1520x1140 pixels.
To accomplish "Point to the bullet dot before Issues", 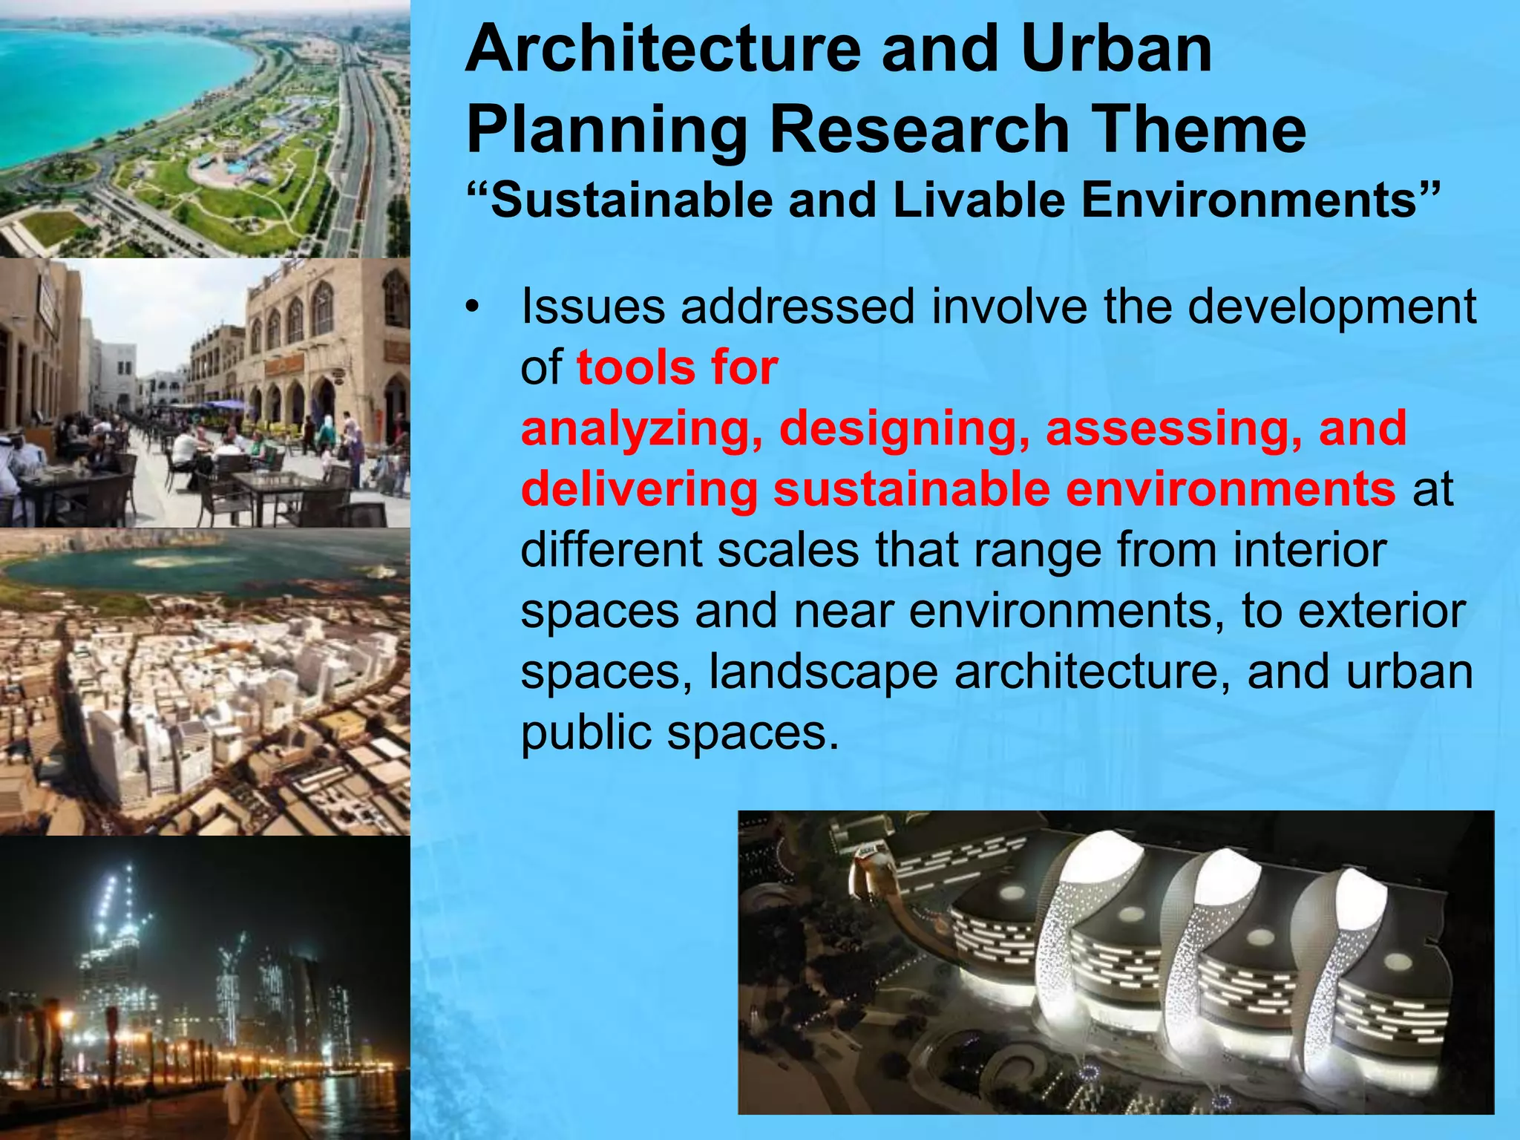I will coord(471,307).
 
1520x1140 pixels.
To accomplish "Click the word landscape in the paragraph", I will coord(822,672).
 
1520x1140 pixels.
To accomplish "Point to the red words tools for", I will coord(677,368).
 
